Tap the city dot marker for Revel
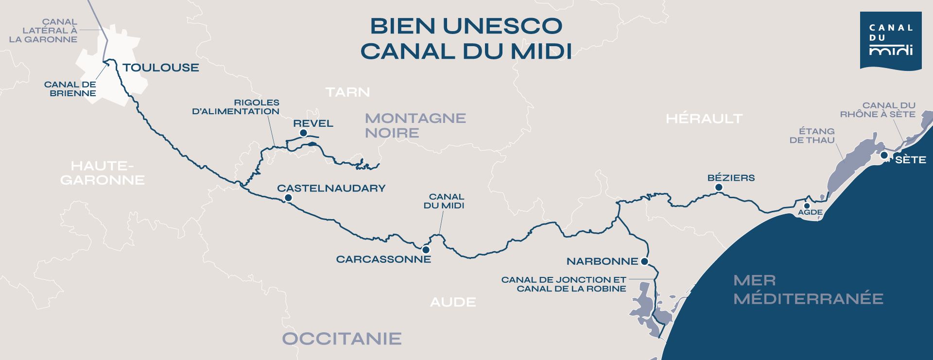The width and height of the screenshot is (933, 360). coord(303,133)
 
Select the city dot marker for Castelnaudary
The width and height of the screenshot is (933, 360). coord(288,198)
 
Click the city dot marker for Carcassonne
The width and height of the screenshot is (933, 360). coord(426,250)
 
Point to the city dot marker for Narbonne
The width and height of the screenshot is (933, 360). coord(644,261)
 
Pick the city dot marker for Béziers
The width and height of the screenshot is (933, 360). coord(719,188)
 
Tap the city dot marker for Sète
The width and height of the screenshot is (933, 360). coord(884,155)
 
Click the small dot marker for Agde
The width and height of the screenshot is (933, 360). coord(807,206)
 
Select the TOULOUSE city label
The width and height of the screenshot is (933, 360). coord(161,68)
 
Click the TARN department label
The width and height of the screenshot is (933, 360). coord(347,92)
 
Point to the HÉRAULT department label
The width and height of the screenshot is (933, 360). coord(704,119)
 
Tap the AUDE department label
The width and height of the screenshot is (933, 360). coord(453,302)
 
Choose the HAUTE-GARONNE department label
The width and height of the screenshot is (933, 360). coord(102,173)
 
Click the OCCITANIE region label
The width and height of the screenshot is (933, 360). coord(342,339)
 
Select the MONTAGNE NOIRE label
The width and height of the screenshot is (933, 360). coord(415,125)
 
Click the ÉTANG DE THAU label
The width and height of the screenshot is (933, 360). coord(812,136)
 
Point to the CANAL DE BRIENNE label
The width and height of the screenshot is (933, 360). coord(70,89)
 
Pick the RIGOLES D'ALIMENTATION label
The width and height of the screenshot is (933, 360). coord(236,107)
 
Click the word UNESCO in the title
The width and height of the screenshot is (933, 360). coord(502,26)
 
